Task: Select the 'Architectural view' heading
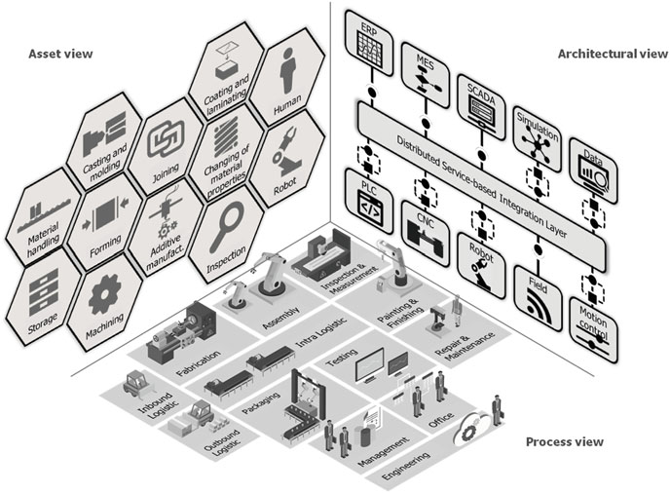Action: coord(612,54)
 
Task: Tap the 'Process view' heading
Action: coord(564,442)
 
